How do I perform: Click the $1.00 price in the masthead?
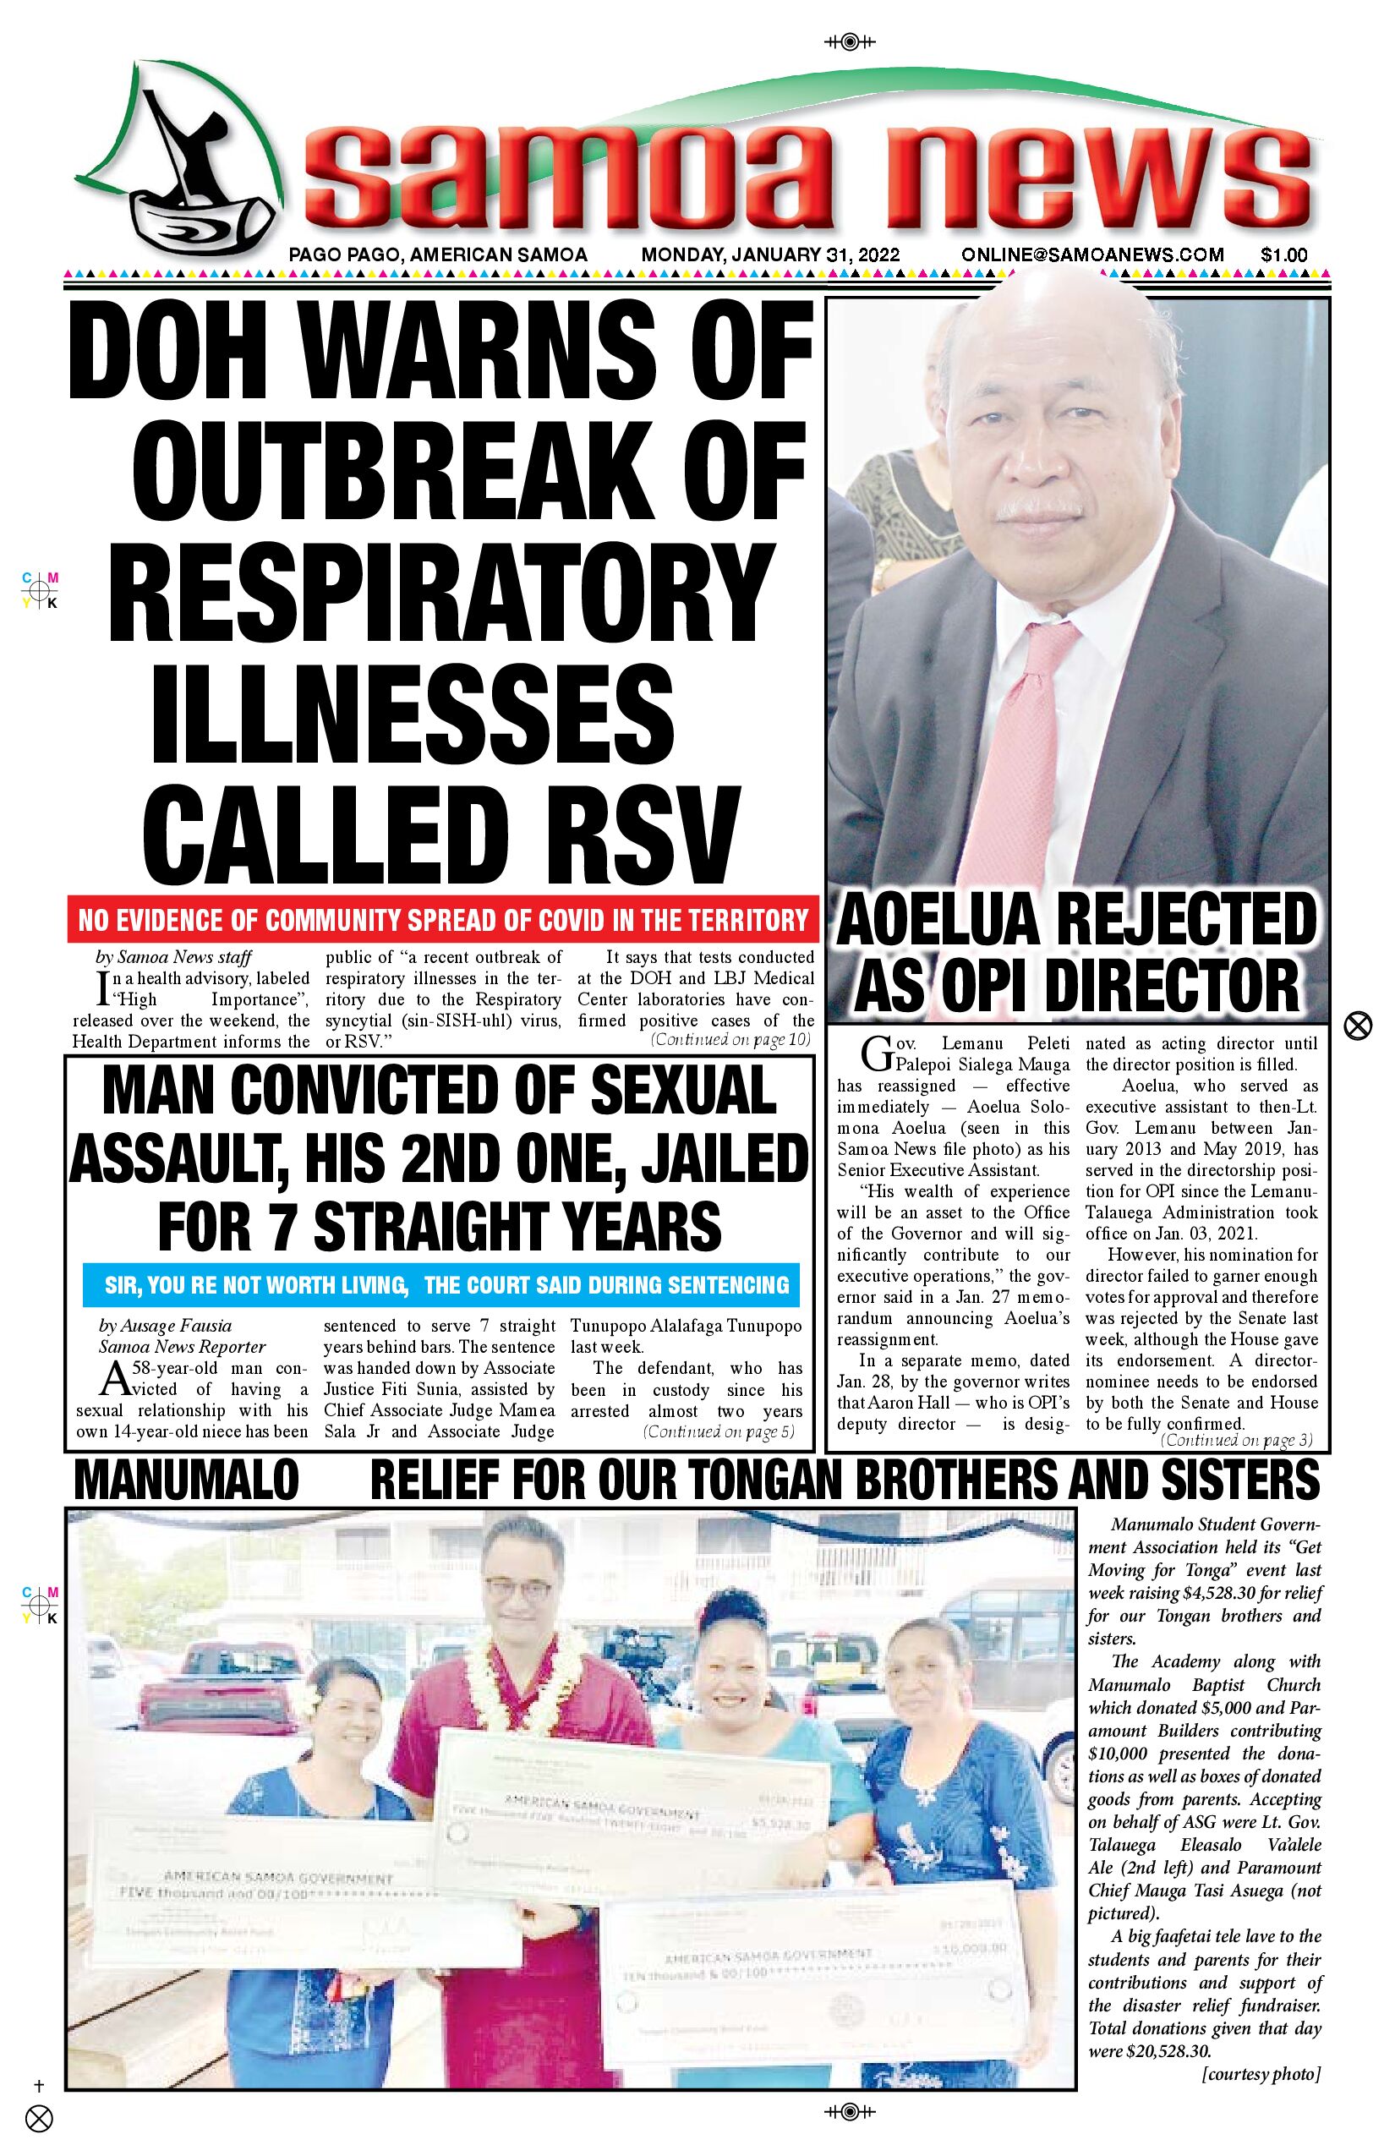(1283, 255)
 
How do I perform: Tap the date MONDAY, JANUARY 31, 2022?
(770, 255)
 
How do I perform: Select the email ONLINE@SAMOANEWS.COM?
(1092, 255)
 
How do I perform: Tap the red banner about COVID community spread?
(442, 921)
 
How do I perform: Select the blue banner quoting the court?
(442, 1284)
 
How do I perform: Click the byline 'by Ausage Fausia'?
(165, 1326)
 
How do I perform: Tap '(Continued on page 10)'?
(730, 1040)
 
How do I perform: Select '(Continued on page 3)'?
(1236, 1439)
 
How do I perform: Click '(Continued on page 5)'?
(719, 1432)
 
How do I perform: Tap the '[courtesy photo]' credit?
(1260, 2075)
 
